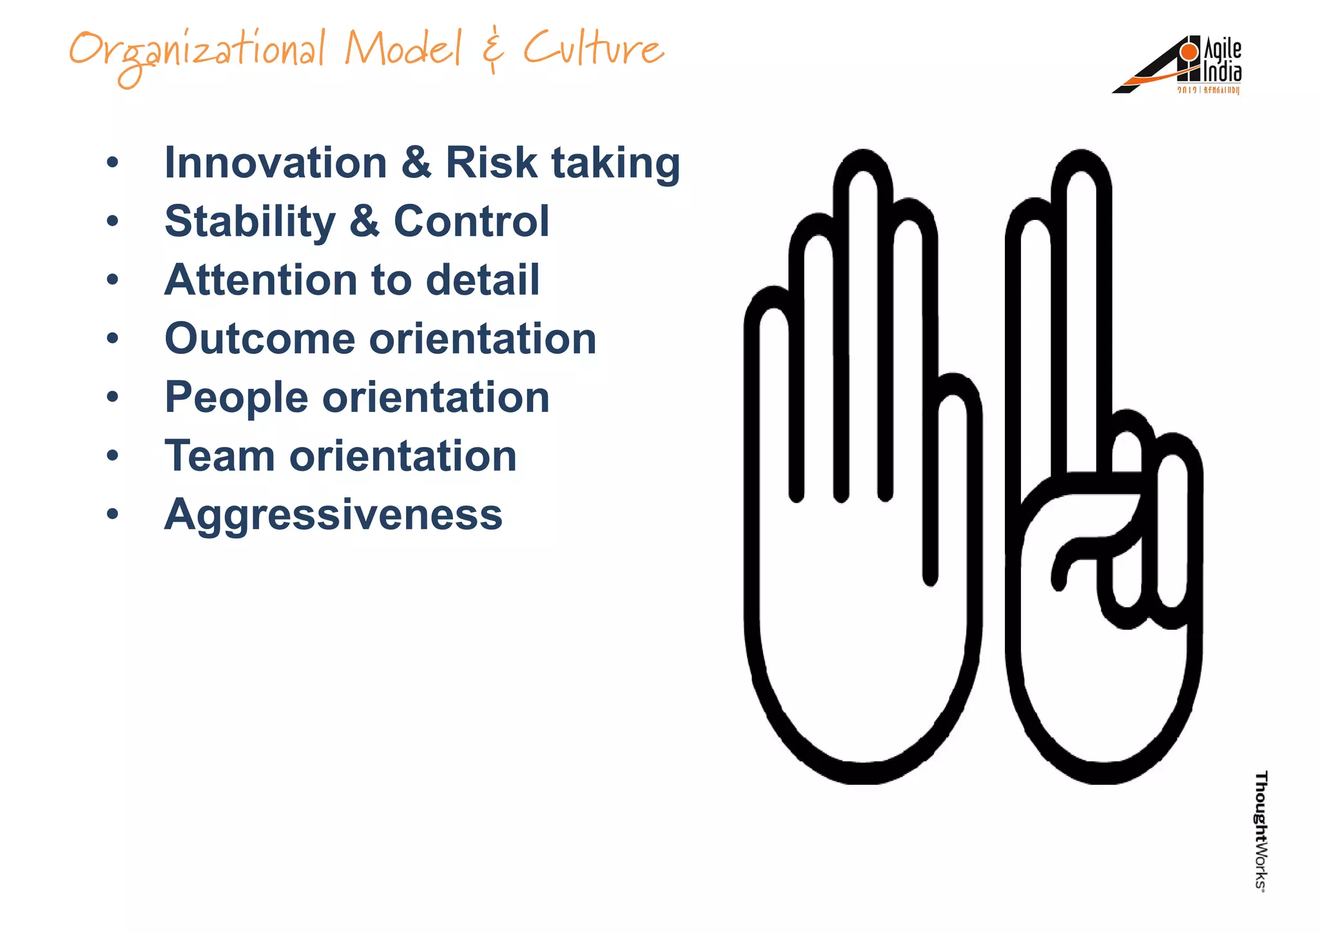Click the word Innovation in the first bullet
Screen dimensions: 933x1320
pos(275,162)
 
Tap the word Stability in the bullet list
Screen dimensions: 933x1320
pos(250,222)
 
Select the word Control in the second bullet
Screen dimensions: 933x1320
pos(471,222)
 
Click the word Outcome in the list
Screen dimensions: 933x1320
pos(260,339)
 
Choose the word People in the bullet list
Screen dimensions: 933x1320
pos(236,397)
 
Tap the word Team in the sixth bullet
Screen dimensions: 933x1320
pos(219,457)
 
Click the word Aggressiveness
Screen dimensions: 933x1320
pos(333,515)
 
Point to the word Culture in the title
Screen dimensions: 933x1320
pos(593,49)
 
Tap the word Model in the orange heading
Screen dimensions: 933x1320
pos(403,49)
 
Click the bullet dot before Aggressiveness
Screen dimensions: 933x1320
pos(113,515)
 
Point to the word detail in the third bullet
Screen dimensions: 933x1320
pos(483,280)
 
